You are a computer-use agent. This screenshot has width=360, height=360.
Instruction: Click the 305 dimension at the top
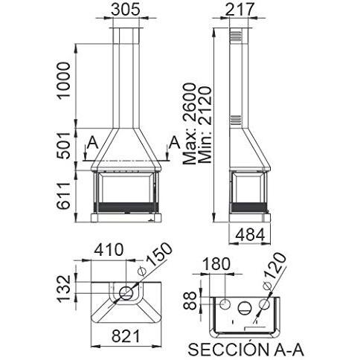coord(126,10)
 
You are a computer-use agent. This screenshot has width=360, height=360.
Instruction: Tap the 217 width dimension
coord(240,10)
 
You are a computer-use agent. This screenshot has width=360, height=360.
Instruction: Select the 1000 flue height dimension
coord(63,81)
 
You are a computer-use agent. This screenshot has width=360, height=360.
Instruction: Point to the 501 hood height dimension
coord(63,145)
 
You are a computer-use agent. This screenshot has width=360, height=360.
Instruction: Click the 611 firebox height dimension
coord(63,196)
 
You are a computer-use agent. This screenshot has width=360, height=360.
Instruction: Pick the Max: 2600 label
coord(190,123)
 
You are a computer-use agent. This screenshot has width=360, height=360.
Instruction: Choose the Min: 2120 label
coord(205,125)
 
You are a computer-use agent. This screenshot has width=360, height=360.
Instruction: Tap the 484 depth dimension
coord(250,235)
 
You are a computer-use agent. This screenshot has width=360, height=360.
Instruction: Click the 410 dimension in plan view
coord(109,250)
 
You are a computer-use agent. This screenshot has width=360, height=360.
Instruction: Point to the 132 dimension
coord(64,289)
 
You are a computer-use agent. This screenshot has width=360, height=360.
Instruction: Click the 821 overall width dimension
coord(126,336)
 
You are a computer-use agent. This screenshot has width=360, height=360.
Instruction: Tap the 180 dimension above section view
coord(216,264)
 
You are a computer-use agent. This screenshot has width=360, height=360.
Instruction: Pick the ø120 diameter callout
coord(274,271)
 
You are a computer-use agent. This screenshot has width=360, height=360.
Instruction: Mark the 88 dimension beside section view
coord(190,300)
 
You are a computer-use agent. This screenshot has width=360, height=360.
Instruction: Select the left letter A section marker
coord(93,143)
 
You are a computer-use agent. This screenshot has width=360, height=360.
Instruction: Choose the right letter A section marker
coord(175,143)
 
